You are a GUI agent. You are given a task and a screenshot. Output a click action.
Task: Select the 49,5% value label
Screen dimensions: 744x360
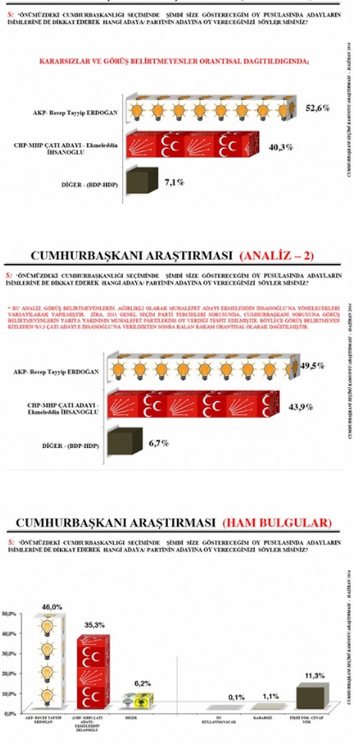312,366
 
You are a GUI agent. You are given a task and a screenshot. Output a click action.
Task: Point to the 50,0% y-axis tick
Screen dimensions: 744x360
8,614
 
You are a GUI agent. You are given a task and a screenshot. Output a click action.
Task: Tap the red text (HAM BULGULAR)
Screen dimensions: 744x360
277,523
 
